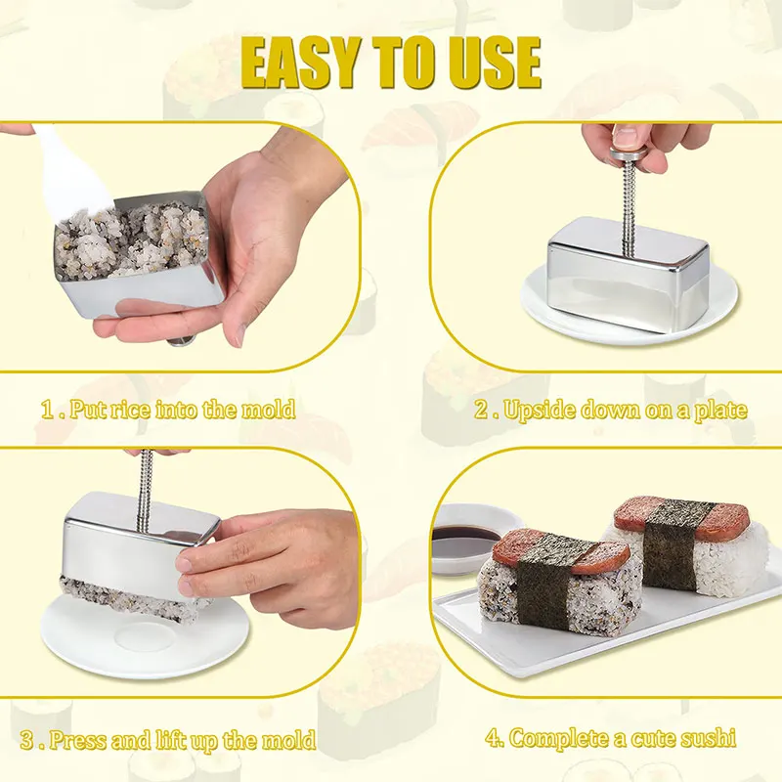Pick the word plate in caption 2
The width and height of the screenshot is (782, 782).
(x=720, y=409)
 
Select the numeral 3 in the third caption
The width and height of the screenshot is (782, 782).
(x=27, y=739)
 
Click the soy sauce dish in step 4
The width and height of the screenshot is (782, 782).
(x=463, y=533)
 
